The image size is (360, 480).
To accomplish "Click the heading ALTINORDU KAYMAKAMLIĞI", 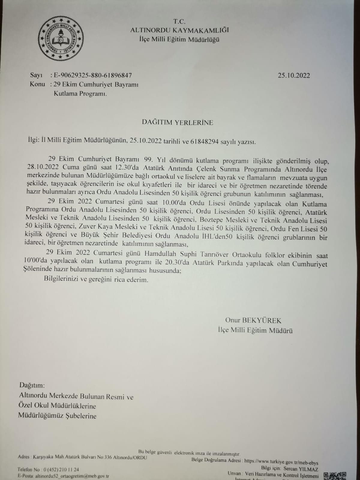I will click(x=179, y=30).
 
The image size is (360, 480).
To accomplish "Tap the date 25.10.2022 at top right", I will click(x=294, y=76).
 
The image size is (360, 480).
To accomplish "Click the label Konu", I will click(x=37, y=84).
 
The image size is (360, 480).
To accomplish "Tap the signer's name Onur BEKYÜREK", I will click(x=253, y=320).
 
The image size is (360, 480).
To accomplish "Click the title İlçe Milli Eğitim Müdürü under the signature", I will click(x=255, y=331).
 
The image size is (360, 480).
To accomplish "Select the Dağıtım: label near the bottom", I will click(x=32, y=385).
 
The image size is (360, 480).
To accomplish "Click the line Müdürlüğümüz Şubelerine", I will click(x=57, y=416).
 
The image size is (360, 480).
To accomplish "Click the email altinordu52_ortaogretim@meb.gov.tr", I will click(x=72, y=476).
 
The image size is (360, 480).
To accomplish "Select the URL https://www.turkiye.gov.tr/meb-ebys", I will click(x=281, y=463).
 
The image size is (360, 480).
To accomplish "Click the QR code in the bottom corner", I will click(x=335, y=476).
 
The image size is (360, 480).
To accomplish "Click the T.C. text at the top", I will click(x=179, y=21).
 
